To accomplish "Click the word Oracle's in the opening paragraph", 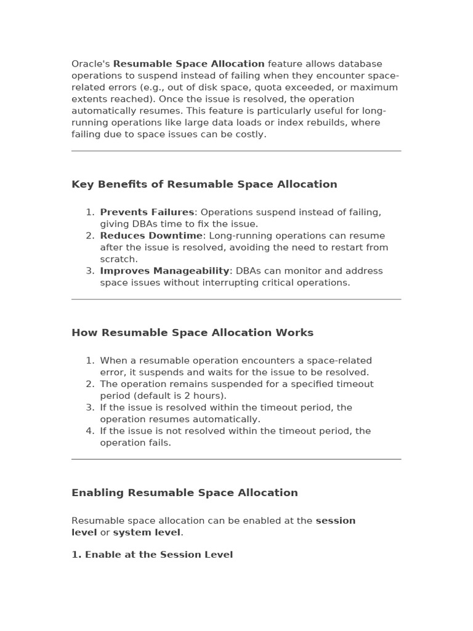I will click(91, 64).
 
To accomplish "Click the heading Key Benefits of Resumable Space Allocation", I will click(204, 184).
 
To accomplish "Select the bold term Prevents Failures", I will click(147, 213).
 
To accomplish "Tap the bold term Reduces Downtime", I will click(152, 236).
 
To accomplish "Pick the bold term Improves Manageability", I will click(164, 271).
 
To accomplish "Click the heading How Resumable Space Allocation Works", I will click(192, 333).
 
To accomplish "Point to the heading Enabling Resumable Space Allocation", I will click(185, 493).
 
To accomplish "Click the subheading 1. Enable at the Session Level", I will click(152, 555).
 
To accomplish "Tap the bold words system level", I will click(147, 532).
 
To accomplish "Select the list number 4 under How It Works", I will click(90, 431).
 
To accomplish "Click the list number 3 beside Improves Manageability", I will click(90, 271).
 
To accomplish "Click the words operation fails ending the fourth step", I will click(135, 442).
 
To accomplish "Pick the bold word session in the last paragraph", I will click(336, 521).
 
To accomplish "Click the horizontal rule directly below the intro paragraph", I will click(236, 151).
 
